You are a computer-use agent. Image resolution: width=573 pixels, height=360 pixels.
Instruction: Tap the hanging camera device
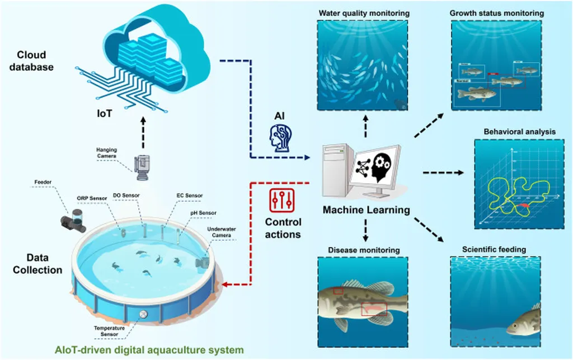(140, 166)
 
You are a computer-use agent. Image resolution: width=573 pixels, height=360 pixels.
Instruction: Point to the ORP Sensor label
(91, 197)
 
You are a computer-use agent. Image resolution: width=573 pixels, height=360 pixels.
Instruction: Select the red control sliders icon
(278, 200)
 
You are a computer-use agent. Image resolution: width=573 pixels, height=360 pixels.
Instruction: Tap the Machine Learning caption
(367, 211)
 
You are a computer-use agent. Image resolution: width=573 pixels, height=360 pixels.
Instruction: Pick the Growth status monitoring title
(496, 13)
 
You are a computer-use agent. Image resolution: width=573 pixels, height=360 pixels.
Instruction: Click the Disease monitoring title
(364, 250)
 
